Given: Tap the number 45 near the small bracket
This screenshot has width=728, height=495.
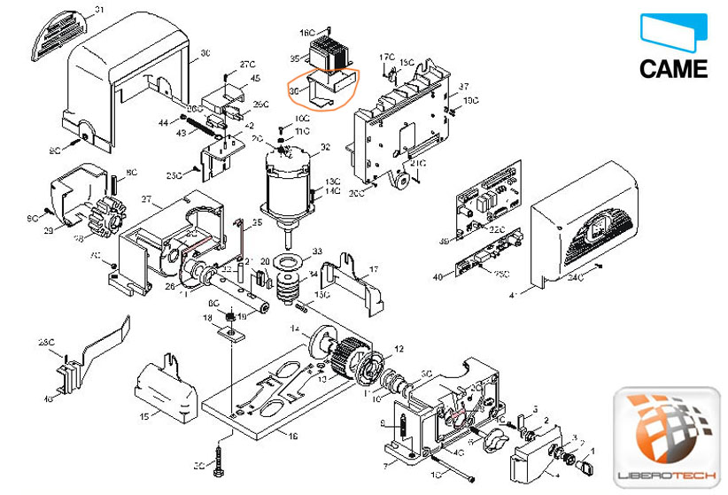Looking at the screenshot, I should click(255, 79).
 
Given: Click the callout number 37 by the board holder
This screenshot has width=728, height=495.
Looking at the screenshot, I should click(462, 88).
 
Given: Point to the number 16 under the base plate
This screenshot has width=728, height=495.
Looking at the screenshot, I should click(294, 437).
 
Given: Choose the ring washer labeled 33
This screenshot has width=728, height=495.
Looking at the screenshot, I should click(289, 262).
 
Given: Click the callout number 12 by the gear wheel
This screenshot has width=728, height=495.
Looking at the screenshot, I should click(399, 349).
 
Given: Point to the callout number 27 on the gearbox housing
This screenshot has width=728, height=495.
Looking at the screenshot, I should click(145, 200).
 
